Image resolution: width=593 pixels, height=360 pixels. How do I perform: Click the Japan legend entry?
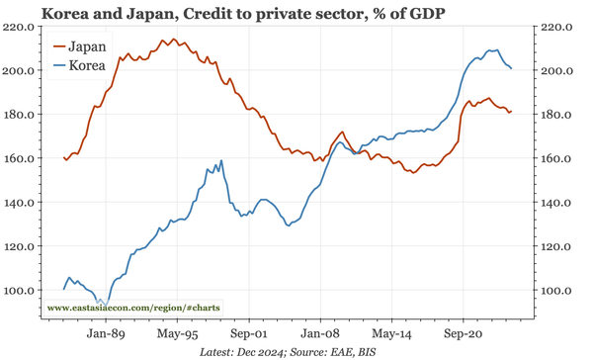(88, 45)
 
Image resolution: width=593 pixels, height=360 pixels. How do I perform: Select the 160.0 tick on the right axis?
(557, 158)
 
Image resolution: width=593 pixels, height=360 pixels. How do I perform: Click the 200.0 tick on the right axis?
(557, 71)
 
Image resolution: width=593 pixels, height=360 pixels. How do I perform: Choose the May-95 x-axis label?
(176, 335)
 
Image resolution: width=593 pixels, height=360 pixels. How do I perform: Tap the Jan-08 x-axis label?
(320, 335)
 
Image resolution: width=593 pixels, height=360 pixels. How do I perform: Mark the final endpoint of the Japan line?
(511, 112)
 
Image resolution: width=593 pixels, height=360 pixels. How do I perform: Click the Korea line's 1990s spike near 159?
(220, 160)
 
